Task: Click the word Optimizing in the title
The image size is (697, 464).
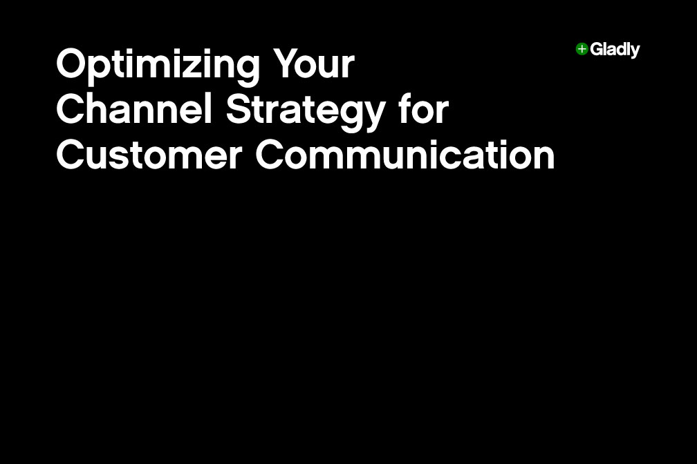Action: point(158,66)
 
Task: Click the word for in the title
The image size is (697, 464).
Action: point(423,110)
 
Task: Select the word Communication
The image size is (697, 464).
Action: point(405,155)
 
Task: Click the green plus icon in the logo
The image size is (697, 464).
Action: point(582,49)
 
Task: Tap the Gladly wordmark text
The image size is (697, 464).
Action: point(615,50)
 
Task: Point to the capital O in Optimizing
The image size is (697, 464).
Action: point(71,65)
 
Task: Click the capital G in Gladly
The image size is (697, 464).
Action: point(596,49)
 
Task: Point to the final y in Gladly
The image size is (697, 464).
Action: point(635,52)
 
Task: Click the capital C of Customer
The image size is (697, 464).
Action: point(70,155)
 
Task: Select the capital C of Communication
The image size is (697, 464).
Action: point(270,155)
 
